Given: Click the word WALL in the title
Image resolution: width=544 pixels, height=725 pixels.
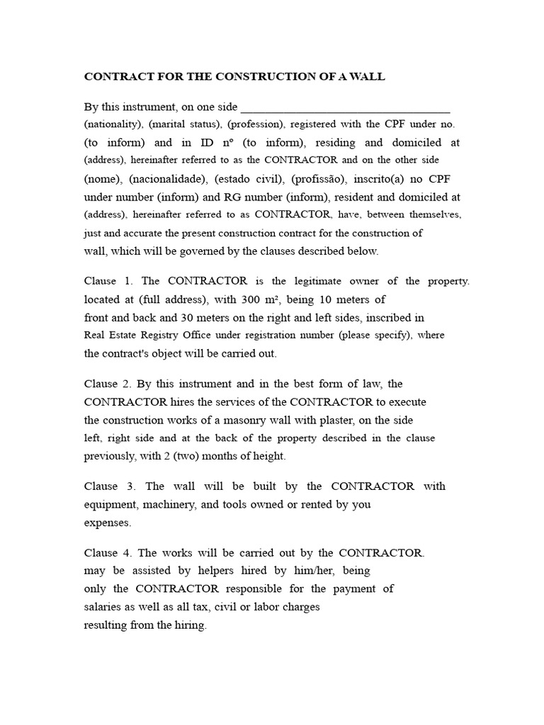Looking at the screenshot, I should click(369, 76).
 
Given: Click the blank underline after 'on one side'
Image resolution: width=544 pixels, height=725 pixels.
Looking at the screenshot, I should click(346, 108).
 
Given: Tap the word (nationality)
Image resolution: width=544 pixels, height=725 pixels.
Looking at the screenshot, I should click(113, 124).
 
